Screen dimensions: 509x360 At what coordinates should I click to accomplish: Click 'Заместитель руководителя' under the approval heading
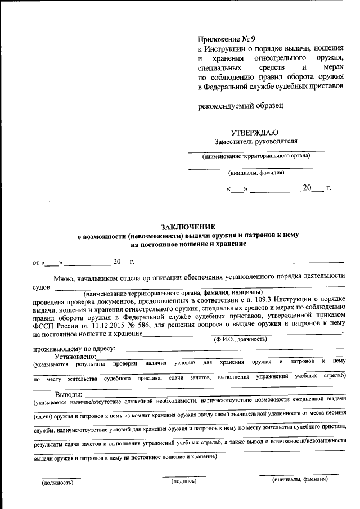255,141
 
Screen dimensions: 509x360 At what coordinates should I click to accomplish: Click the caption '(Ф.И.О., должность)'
240,340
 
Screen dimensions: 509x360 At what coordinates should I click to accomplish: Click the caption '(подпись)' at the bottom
184,481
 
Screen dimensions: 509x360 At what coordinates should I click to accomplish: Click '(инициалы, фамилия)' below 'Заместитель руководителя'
256,173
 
